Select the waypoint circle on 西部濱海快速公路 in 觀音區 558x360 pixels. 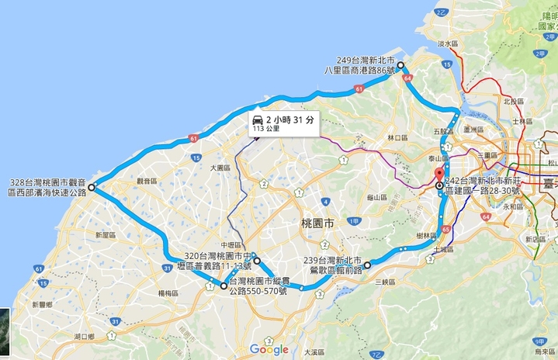tap(92, 187)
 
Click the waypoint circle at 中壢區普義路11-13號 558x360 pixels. tap(255, 261)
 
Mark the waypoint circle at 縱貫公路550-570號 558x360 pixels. tap(224, 286)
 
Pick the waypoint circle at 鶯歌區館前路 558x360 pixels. tap(367, 265)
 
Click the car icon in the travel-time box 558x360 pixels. tap(256, 119)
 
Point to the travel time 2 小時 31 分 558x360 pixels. tap(290, 119)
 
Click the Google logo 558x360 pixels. tap(269, 350)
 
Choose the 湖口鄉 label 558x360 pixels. tap(85, 336)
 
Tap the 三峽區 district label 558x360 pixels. tap(386, 282)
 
